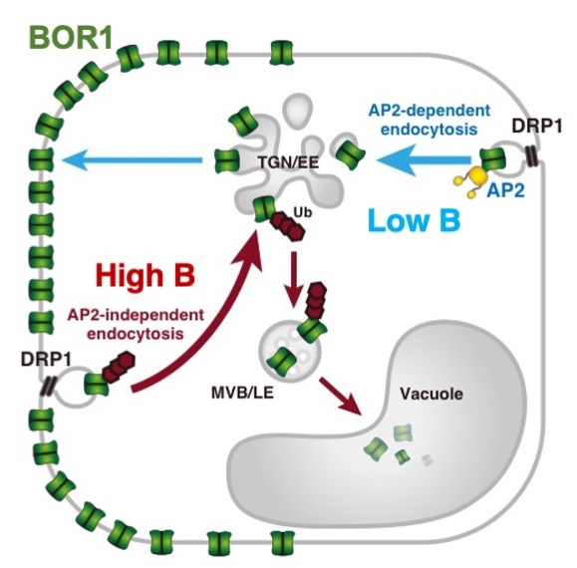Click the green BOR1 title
71,38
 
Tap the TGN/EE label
288,162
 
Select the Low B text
415,220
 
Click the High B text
144,275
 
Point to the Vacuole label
432,394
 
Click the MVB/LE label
242,393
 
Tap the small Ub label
303,212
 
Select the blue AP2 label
505,190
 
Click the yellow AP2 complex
469,179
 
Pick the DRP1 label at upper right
537,127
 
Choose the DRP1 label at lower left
46,359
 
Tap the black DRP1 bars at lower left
48,387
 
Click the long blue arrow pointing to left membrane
133,159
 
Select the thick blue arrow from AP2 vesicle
424,159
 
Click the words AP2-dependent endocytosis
430,120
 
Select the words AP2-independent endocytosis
136,324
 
